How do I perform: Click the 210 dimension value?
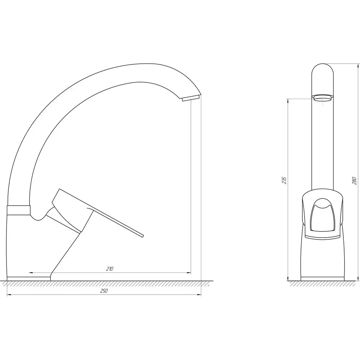pyautogui.click(x=110, y=269)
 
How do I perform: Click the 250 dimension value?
pyautogui.click(x=104, y=291)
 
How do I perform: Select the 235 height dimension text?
pyautogui.click(x=284, y=180)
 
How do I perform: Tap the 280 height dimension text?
pyautogui.click(x=354, y=181)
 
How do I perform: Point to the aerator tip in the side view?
pyautogui.click(x=190, y=99)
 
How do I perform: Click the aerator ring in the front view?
pyautogui.click(x=323, y=98)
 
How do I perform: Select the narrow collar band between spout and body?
pyautogui.click(x=19, y=210)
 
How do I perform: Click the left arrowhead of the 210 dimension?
pyautogui.click(x=31, y=273)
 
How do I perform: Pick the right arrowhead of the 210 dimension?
pyautogui.click(x=189, y=273)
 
